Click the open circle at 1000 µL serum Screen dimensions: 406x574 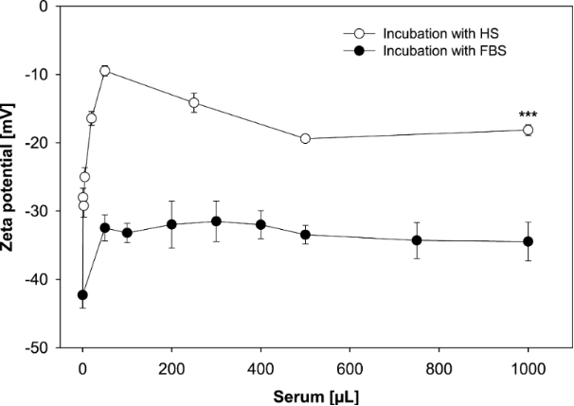(x=528, y=130)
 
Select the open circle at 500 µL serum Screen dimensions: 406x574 (x=305, y=138)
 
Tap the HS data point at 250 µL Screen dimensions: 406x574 (x=194, y=102)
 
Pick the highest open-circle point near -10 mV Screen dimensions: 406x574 (x=105, y=71)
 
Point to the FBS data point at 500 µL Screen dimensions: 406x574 (x=305, y=235)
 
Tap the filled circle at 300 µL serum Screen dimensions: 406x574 (x=216, y=221)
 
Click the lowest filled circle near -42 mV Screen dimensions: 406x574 (x=83, y=295)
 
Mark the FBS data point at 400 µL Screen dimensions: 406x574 (x=260, y=224)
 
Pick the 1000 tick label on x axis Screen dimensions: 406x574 (x=528, y=366)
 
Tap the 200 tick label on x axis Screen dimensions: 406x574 (x=171, y=366)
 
